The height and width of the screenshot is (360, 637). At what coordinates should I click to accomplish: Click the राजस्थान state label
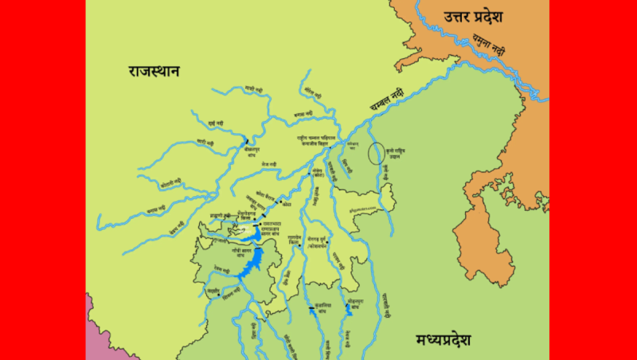click(x=154, y=72)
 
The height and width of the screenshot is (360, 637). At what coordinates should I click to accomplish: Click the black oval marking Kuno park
click(x=376, y=152)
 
